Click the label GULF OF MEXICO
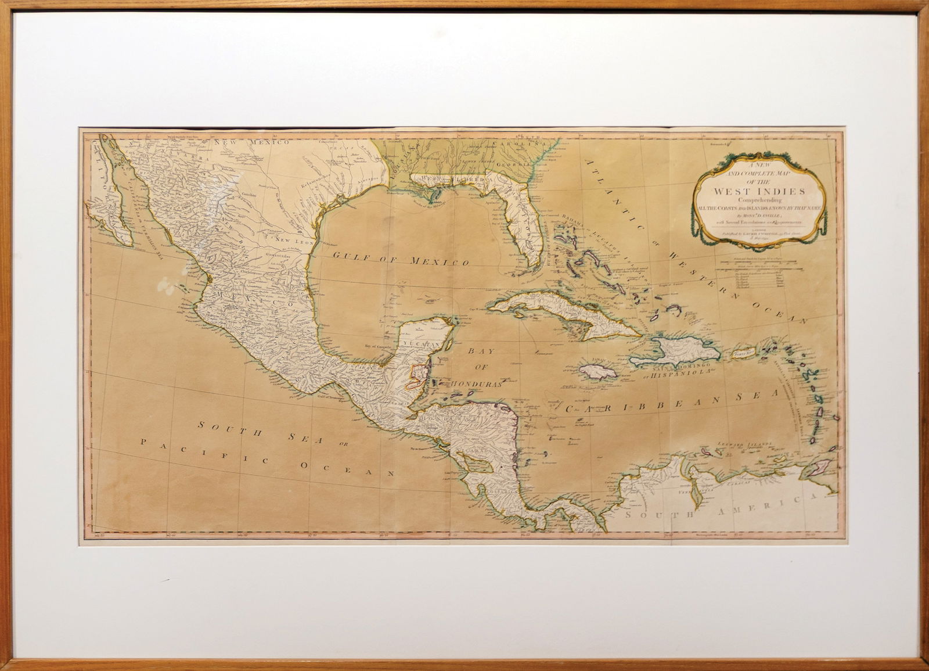coord(400,259)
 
